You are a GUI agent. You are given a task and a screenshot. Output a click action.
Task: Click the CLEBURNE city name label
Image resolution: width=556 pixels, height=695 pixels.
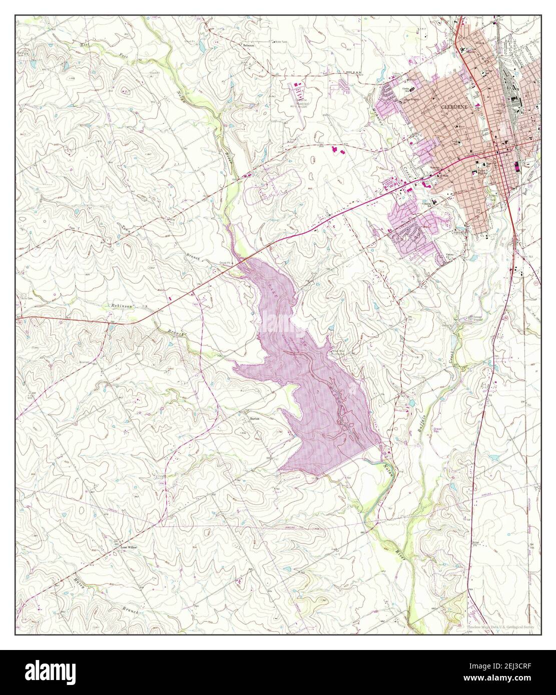[452, 107]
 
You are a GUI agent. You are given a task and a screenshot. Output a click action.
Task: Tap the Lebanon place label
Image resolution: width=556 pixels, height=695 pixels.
[248, 45]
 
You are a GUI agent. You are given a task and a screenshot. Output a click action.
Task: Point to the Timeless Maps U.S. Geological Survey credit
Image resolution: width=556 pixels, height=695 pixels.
[500, 626]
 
